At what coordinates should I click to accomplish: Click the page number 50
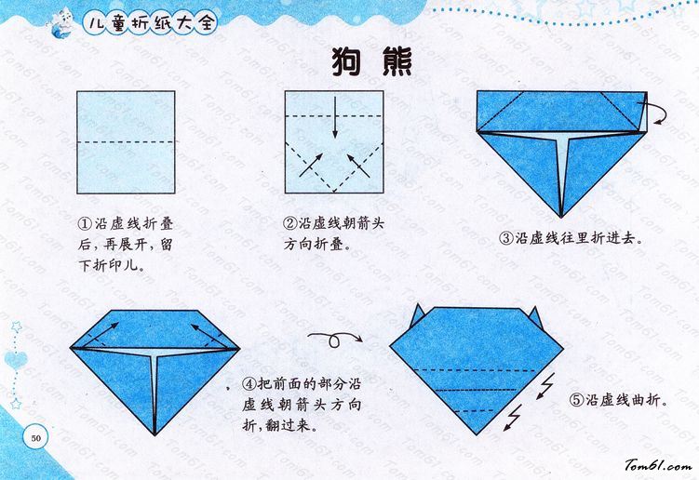coord(35,437)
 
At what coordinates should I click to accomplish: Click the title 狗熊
coord(371,62)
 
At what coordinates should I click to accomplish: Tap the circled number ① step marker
coord(85,223)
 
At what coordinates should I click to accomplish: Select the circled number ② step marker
coord(289,223)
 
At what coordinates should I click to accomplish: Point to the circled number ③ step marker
coord(506,238)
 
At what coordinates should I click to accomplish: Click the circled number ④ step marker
coord(249,384)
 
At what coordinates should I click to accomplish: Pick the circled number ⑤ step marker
coord(576,400)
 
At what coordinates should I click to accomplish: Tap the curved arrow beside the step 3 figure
coord(654,111)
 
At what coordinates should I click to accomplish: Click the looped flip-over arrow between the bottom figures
coord(335,340)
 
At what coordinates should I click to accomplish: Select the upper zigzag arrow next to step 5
coord(545,386)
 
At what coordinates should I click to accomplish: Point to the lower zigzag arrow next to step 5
coord(513,418)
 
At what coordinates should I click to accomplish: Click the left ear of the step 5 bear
coord(416,316)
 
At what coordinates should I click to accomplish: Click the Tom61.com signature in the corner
coord(658,466)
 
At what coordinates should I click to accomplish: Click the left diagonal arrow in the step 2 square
coord(311,165)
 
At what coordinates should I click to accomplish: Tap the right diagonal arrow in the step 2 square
coord(358,166)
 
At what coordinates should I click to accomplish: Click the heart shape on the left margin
coord(16,360)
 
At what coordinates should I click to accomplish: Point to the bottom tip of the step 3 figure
coord(561,217)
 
